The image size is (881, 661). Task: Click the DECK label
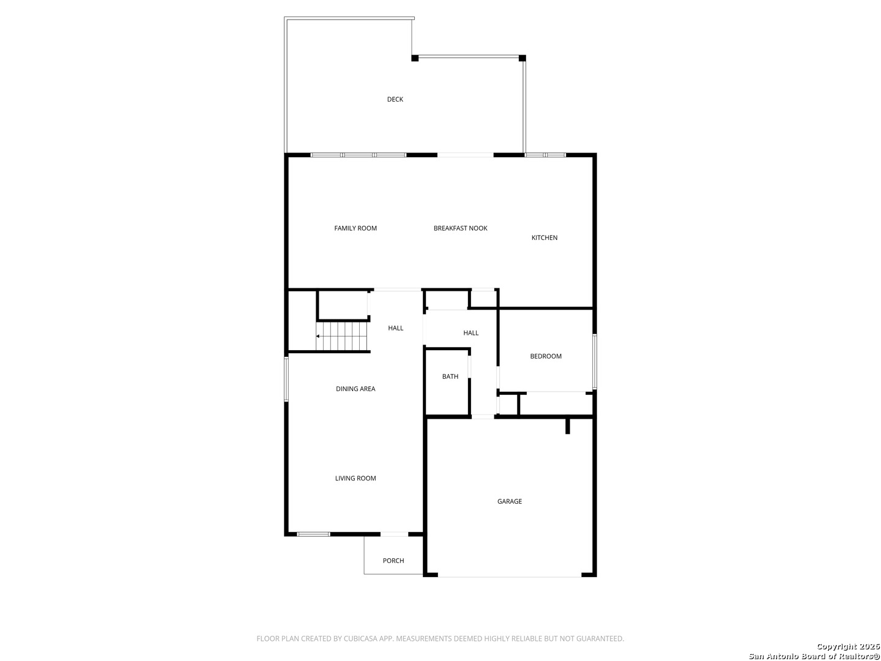pyautogui.click(x=395, y=99)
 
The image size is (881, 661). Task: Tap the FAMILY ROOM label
pyautogui.click(x=355, y=228)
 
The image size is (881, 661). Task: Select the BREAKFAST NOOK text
pyautogui.click(x=460, y=228)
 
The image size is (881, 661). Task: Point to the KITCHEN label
pyautogui.click(x=545, y=237)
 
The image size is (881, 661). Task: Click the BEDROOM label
pyautogui.click(x=546, y=356)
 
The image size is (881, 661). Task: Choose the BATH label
pyautogui.click(x=450, y=376)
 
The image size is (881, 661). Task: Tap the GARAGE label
pyautogui.click(x=510, y=501)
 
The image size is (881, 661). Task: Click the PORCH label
pyautogui.click(x=393, y=561)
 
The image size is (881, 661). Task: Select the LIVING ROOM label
pyautogui.click(x=355, y=478)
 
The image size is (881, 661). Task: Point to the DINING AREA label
pyautogui.click(x=355, y=389)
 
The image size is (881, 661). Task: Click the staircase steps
pyautogui.click(x=341, y=337)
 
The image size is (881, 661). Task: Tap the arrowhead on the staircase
pyautogui.click(x=318, y=337)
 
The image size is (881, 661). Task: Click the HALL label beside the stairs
pyautogui.click(x=395, y=328)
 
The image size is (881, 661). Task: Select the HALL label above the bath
pyautogui.click(x=471, y=333)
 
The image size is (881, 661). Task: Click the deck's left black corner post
pyautogui.click(x=415, y=58)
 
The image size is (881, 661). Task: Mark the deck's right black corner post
pyautogui.click(x=522, y=58)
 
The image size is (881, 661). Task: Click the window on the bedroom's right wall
pyautogui.click(x=595, y=362)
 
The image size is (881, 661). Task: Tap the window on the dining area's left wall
pyautogui.click(x=286, y=379)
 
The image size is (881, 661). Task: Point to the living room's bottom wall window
pyautogui.click(x=313, y=534)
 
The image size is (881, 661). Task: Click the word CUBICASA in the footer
pyautogui.click(x=359, y=638)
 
